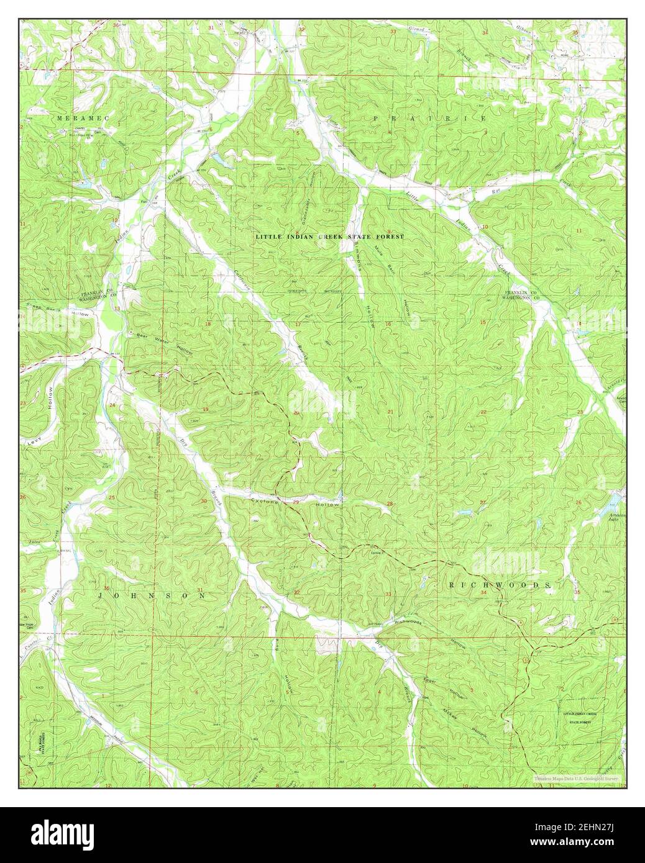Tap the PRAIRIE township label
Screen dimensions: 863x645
pos(429,117)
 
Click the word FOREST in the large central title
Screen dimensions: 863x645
pos(386,237)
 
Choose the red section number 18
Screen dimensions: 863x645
pos(208,324)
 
